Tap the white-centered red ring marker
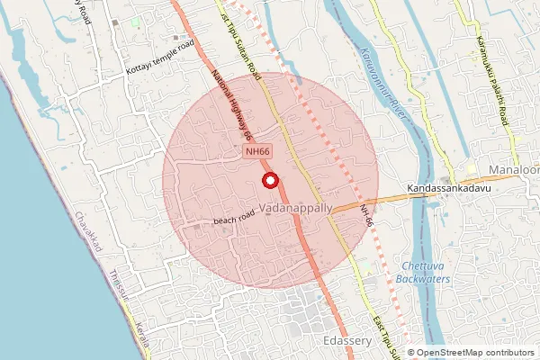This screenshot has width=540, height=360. coord(268,181)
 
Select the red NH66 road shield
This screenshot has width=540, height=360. coord(257,154)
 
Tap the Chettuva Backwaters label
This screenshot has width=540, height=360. coord(426,273)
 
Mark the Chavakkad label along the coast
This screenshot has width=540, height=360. coord(91,233)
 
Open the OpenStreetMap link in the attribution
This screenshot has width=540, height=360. coord(445,353)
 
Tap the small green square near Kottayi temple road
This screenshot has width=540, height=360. coord(135,20)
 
